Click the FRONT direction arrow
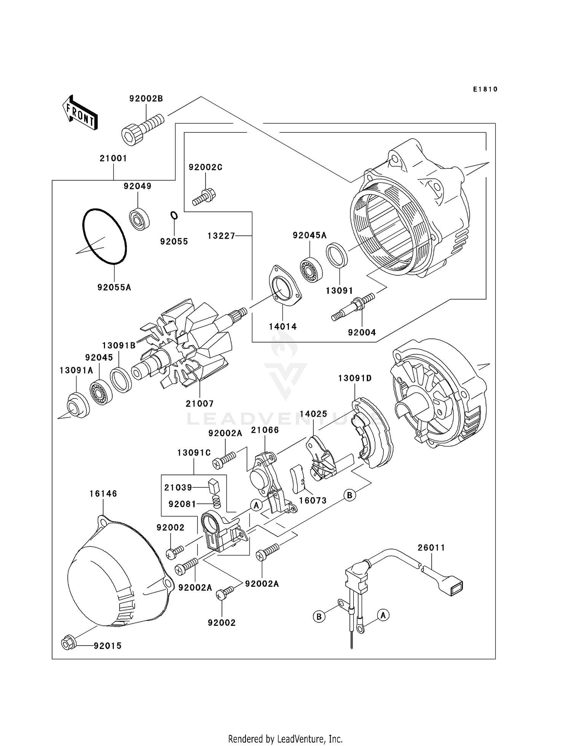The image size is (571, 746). click(80, 113)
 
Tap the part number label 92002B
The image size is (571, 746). click(146, 99)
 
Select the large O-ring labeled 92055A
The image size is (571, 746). click(104, 236)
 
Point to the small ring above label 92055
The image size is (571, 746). click(174, 216)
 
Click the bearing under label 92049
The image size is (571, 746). click(139, 219)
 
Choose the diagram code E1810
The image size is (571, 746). click(485, 89)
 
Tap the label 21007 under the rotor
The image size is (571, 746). click(199, 403)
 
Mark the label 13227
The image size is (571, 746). click(222, 236)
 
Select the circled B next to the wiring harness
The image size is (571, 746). click(319, 616)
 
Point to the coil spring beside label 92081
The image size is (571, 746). click(216, 502)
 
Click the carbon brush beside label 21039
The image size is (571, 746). click(214, 486)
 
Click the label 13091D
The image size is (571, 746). click(355, 378)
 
